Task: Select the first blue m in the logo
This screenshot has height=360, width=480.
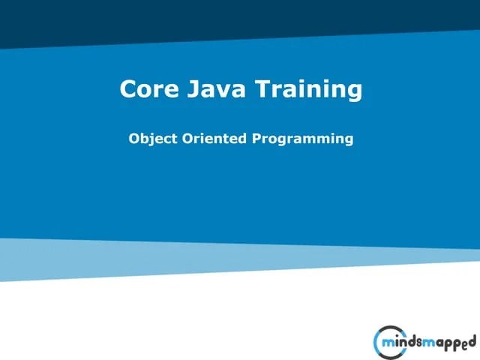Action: point(390,344)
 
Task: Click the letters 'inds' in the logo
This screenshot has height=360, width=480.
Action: point(409,343)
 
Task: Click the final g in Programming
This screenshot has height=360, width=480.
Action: point(347,141)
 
